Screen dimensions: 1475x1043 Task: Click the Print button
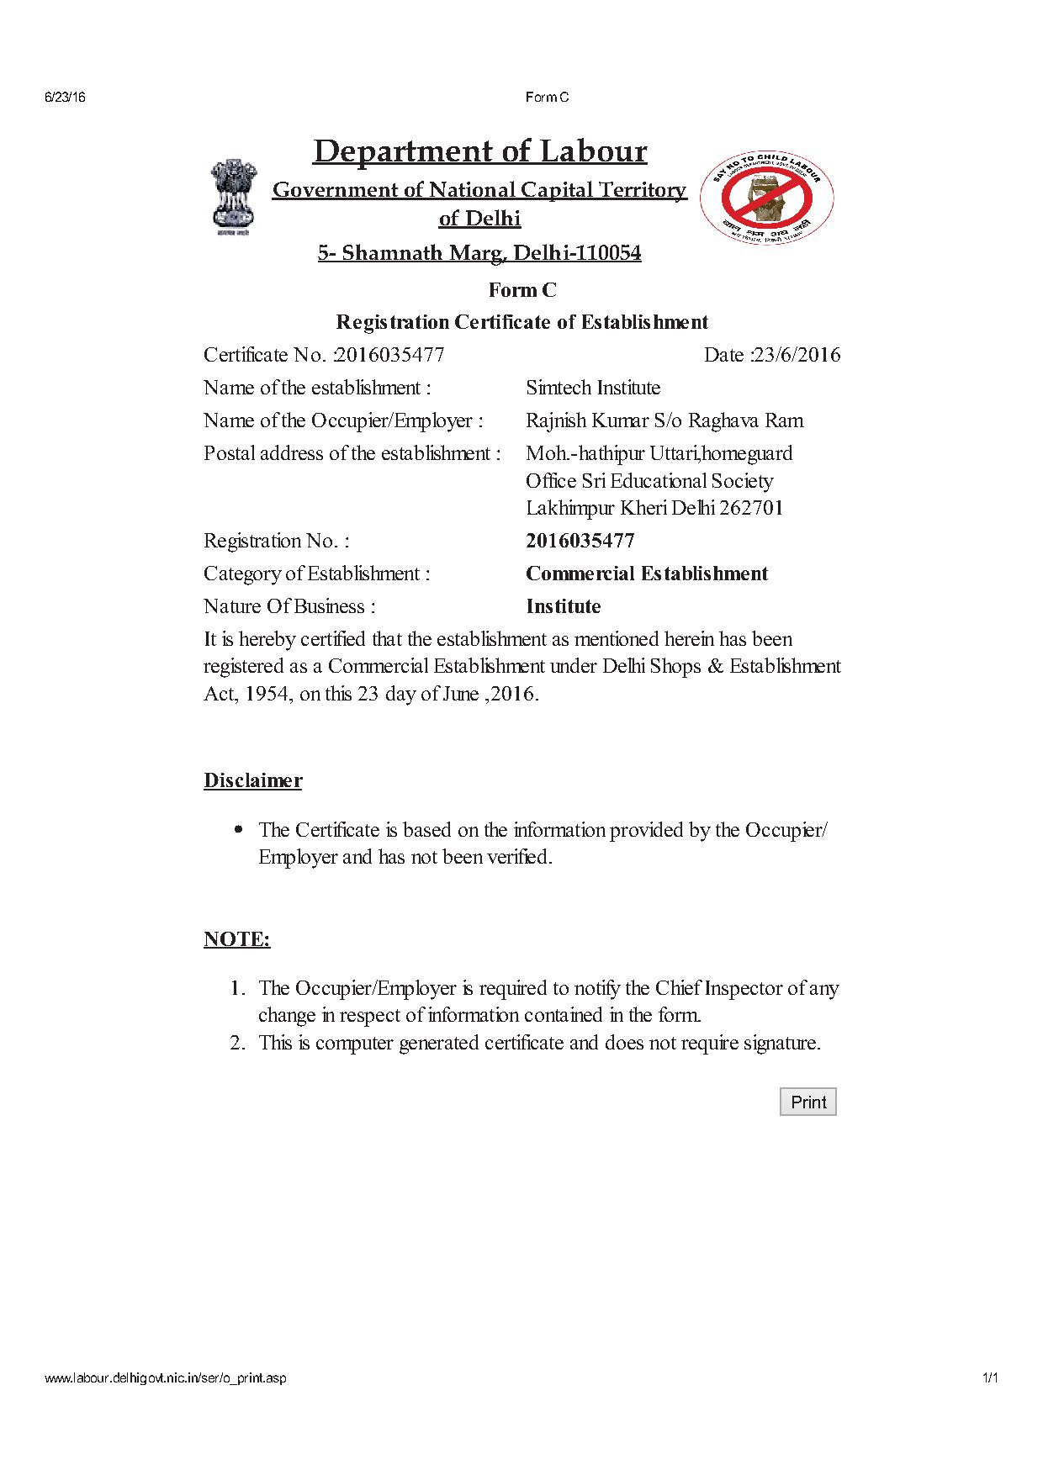tap(807, 1102)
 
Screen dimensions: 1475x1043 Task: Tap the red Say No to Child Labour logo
tap(767, 198)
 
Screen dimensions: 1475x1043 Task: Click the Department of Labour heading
tap(479, 151)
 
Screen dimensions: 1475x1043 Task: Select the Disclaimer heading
tap(252, 780)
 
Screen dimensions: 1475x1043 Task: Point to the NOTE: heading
tap(236, 938)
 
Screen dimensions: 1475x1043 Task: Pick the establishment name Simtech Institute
tap(593, 388)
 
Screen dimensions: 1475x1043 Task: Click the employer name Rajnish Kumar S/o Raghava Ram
tap(664, 420)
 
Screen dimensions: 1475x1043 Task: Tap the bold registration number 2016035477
tap(580, 541)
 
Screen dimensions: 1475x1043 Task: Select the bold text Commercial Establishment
tap(647, 574)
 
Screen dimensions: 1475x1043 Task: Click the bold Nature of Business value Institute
tap(563, 606)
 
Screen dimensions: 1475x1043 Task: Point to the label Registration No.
tap(276, 541)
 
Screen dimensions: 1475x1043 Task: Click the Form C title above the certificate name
tap(522, 290)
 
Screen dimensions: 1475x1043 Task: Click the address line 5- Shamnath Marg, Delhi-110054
tap(479, 253)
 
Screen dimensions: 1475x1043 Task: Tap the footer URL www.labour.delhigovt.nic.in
tap(165, 1378)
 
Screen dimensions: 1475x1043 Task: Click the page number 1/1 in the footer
tap(989, 1378)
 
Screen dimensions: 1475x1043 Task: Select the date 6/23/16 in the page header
tap(65, 98)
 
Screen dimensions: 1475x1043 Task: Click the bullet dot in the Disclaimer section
tap(239, 829)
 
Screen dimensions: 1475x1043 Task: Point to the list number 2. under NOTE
tap(237, 1043)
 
